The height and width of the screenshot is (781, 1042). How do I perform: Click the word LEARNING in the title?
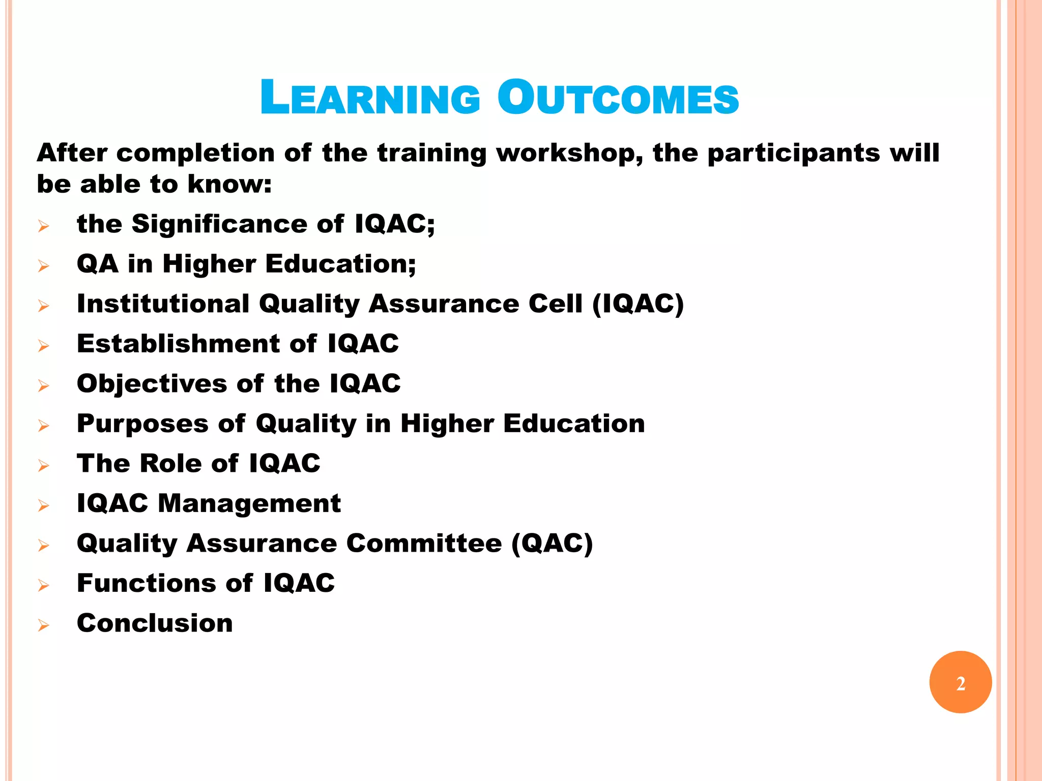click(x=370, y=98)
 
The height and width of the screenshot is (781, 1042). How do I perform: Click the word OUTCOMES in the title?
click(x=618, y=98)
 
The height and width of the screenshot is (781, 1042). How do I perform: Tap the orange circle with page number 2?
click(x=960, y=682)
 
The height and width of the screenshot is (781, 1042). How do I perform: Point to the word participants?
click(x=794, y=153)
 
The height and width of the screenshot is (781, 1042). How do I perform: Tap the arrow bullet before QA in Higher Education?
click(x=44, y=265)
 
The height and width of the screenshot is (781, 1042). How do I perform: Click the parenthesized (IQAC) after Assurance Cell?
click(x=638, y=304)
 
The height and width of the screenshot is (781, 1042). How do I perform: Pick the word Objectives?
click(x=152, y=383)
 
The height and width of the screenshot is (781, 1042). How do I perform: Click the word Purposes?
click(x=142, y=424)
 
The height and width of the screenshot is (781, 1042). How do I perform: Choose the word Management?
click(x=249, y=503)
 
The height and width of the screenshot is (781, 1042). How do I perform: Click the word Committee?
click(x=424, y=543)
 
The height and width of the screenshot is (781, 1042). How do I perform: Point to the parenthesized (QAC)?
click(x=552, y=543)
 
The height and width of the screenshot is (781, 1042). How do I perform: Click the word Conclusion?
click(x=155, y=623)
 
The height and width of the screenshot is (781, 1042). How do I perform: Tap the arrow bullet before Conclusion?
click(x=44, y=625)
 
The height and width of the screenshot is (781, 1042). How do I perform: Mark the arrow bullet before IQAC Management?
click(x=44, y=505)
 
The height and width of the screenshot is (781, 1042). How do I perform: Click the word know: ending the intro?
click(x=229, y=184)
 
